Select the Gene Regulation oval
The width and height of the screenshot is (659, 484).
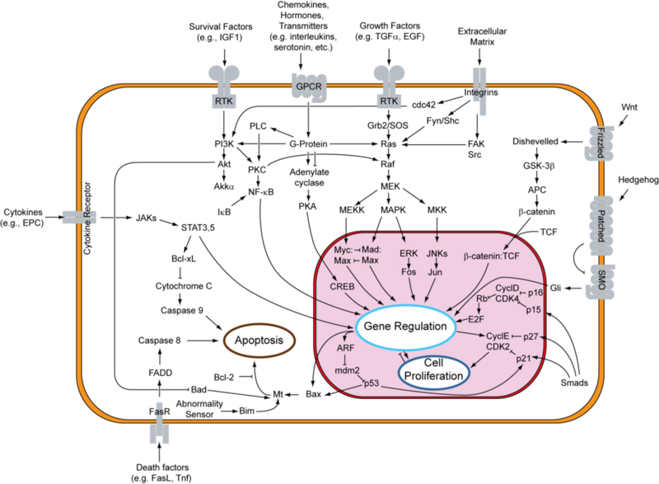tap(406, 327)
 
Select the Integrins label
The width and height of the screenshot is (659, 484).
tap(482, 92)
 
